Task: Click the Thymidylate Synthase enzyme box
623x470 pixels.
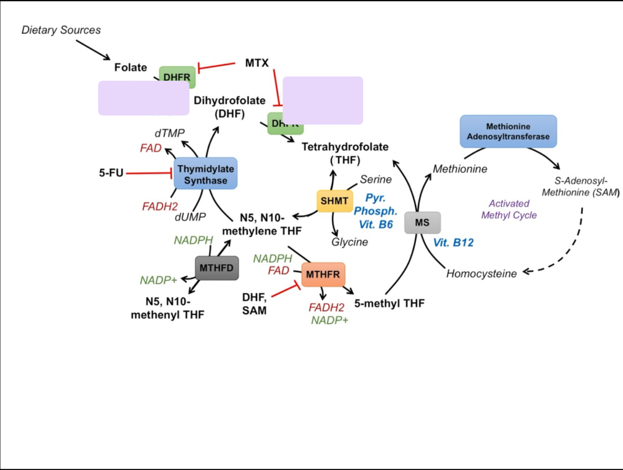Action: point(206,174)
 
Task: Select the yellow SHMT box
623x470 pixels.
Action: point(334,201)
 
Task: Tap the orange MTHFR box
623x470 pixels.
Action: point(323,275)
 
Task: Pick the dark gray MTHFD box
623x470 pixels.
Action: point(216,268)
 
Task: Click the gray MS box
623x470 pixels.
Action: point(422,223)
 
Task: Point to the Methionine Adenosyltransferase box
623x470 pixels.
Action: point(508,132)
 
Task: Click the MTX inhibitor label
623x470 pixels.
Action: point(257,63)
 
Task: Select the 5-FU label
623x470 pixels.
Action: point(111,173)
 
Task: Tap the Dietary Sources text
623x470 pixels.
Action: point(61,30)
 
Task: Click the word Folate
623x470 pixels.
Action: point(130,67)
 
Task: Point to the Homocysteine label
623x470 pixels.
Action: point(481,274)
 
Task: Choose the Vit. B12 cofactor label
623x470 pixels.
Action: point(453,243)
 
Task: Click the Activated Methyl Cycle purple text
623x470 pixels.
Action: point(509,209)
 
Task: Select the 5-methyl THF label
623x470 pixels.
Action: point(389,303)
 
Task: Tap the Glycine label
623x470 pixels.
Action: point(350,242)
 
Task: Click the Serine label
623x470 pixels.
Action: point(376,179)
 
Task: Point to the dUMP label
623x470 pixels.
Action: point(190,217)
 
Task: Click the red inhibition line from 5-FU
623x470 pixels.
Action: point(149,173)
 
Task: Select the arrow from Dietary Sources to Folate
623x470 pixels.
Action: point(93,50)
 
